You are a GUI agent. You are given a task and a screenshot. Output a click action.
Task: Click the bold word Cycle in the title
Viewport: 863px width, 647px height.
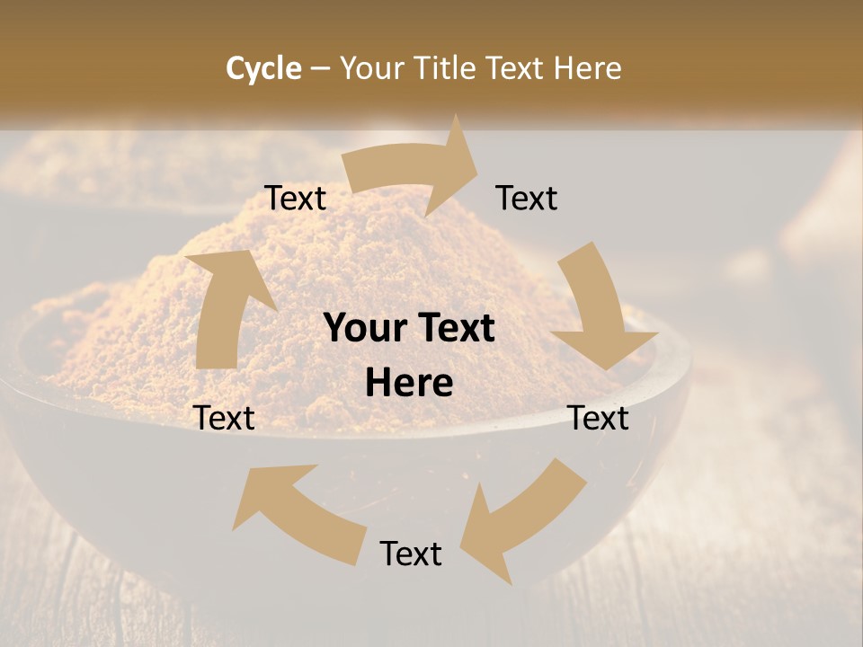click(x=263, y=68)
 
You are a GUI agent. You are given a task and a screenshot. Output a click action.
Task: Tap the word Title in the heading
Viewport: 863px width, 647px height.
click(x=448, y=68)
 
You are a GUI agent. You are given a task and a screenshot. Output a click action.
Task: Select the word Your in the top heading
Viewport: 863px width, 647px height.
click(x=371, y=68)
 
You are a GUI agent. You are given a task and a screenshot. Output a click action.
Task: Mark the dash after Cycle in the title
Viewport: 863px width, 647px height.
click(x=320, y=68)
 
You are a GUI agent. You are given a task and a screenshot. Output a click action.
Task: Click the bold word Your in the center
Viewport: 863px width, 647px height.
click(x=360, y=329)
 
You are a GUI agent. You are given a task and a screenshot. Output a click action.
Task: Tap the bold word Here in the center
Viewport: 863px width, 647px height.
click(x=409, y=384)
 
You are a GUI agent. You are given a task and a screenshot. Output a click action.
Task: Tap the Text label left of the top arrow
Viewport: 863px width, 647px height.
click(x=296, y=199)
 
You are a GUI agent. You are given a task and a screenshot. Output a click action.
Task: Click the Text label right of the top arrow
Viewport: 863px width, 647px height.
click(x=527, y=199)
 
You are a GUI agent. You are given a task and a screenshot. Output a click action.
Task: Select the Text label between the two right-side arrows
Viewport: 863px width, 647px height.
click(x=599, y=418)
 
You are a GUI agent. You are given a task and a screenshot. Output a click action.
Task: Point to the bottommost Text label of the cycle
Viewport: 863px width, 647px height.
click(x=411, y=554)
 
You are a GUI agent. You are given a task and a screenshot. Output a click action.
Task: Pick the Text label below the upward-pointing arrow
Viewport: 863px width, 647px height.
click(x=225, y=418)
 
